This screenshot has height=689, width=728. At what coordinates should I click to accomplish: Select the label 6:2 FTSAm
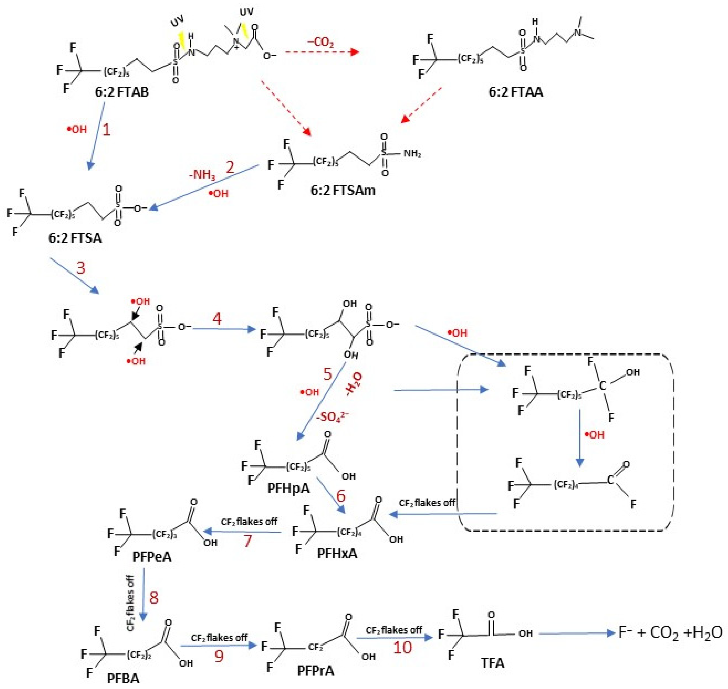coord(343,190)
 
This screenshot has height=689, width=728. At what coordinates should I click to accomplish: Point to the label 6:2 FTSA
coord(75,238)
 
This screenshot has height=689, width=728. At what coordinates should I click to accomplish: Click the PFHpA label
coord(288,488)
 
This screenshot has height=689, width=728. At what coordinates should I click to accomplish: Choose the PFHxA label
coord(337,553)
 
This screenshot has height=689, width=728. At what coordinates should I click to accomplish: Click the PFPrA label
coord(316,671)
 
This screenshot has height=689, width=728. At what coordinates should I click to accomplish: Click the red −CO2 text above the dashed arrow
coord(320,43)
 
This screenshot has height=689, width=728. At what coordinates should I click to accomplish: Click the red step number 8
coord(154,598)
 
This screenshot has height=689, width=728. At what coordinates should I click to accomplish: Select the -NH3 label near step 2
coord(202,174)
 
